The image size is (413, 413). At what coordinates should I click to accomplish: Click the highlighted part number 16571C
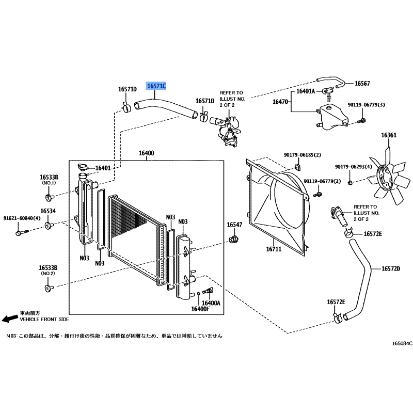(156, 86)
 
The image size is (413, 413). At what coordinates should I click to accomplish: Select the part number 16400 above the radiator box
(147, 153)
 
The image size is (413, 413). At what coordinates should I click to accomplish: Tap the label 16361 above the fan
(389, 135)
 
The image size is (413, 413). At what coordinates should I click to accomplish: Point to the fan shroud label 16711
(274, 249)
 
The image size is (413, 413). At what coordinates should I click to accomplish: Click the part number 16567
(362, 83)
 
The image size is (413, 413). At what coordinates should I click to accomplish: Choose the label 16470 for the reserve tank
(280, 101)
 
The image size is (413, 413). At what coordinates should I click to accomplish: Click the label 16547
(234, 225)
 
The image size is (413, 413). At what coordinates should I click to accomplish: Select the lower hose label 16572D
(391, 268)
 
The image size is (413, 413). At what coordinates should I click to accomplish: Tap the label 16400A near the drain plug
(211, 303)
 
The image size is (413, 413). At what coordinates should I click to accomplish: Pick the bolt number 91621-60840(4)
(22, 218)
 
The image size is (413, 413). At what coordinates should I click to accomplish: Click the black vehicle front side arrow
(10, 319)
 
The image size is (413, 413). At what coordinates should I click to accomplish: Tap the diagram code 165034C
(402, 343)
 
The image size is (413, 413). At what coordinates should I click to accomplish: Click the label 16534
(48, 211)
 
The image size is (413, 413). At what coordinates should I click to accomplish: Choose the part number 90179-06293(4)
(354, 167)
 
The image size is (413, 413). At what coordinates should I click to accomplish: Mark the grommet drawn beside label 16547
(233, 240)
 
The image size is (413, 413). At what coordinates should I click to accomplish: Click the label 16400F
(200, 309)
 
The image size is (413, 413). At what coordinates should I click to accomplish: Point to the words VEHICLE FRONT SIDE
(44, 319)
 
